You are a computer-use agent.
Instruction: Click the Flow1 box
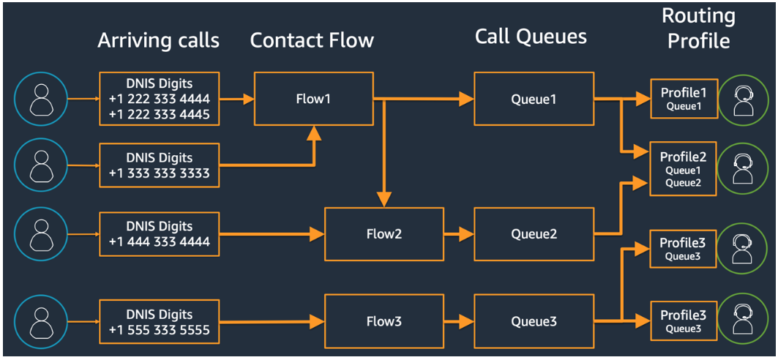313,99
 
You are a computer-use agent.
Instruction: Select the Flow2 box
384,234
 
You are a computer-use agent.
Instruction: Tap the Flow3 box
384,320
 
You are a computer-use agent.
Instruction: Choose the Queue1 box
534,99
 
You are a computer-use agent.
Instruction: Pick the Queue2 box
534,234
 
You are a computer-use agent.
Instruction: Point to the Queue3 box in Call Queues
534,320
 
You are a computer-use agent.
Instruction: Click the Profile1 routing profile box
684,99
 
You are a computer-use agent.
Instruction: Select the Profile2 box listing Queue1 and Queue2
684,169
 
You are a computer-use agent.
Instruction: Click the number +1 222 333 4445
159,114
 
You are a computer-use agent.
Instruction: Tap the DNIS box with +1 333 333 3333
159,165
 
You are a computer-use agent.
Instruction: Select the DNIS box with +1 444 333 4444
159,234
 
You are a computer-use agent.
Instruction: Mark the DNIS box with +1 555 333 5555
159,322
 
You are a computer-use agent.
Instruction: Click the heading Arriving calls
159,40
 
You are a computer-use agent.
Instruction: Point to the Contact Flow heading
312,40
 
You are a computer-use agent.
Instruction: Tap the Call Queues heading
531,37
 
